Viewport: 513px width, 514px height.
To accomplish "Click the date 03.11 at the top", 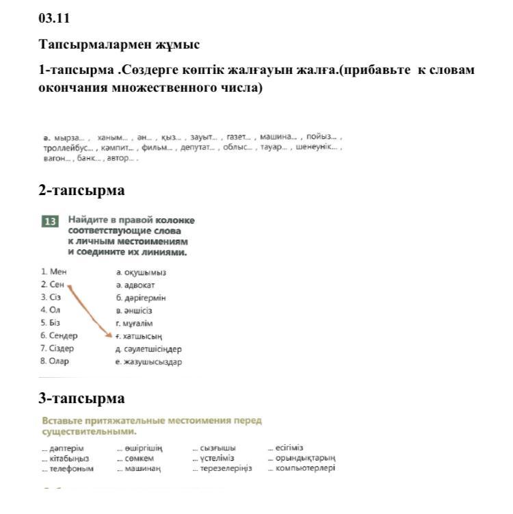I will (x=54, y=18).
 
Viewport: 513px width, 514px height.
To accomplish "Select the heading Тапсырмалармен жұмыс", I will (x=119, y=44).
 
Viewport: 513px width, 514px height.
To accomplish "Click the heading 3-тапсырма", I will (x=81, y=398).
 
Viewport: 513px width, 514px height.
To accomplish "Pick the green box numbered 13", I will (x=50, y=221).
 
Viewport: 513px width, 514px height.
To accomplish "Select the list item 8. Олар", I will (x=55, y=361).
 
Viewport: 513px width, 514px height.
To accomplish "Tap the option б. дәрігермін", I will (x=140, y=298).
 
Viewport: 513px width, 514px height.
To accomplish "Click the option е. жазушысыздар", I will (x=148, y=362).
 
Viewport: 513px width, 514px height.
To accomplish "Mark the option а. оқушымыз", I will (x=141, y=272).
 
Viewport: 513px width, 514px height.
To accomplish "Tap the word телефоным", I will (x=70, y=469).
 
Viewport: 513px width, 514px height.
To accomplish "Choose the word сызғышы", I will (x=218, y=448).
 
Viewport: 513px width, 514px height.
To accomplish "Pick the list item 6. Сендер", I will (x=59, y=335).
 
